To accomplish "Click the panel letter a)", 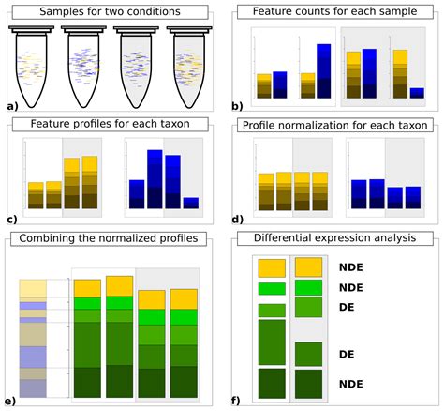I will click(x=11, y=107).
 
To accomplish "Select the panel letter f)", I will click(x=236, y=402).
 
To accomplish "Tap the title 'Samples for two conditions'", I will click(x=110, y=12).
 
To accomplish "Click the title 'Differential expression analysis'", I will click(x=336, y=237).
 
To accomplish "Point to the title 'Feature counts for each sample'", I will click(x=336, y=12).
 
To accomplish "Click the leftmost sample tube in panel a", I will click(x=37, y=66).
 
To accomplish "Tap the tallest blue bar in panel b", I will click(x=323, y=70).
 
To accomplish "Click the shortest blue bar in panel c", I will click(x=192, y=203).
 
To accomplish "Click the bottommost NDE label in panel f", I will click(x=351, y=384).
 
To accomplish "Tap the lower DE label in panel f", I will click(x=347, y=354).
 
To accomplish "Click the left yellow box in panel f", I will click(x=272, y=267).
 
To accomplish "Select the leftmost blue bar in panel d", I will click(x=358, y=193).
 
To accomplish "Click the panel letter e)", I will click(x=11, y=402).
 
